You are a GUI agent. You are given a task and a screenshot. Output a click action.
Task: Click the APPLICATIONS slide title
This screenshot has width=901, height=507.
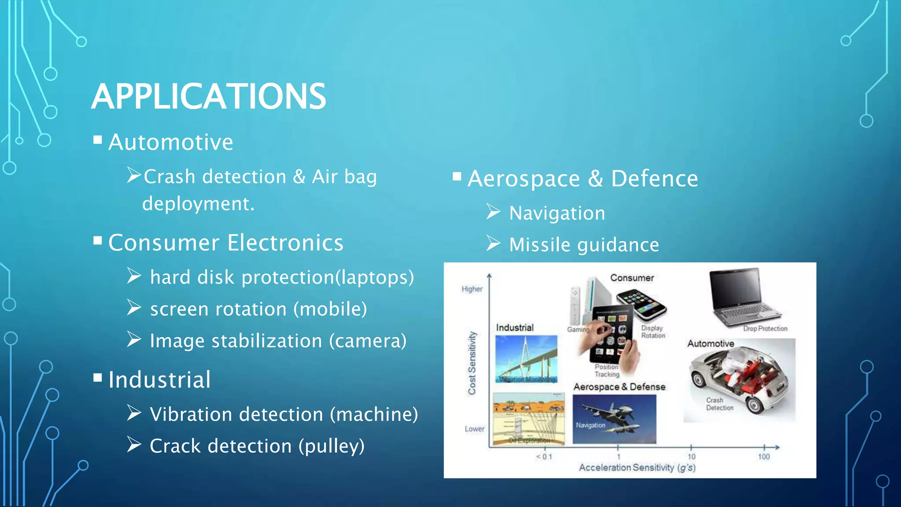(209, 96)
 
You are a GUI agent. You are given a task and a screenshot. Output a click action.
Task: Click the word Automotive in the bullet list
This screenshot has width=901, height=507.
(171, 142)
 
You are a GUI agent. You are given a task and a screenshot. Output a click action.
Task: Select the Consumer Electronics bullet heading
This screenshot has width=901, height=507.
(226, 242)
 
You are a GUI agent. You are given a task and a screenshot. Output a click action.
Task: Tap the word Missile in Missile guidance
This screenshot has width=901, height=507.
(540, 245)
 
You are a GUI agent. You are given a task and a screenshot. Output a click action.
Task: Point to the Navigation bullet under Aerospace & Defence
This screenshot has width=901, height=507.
(557, 213)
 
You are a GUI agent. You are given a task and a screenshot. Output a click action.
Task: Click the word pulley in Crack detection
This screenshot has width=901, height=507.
(332, 446)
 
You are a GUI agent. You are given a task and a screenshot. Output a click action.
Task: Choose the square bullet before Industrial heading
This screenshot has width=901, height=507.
(98, 378)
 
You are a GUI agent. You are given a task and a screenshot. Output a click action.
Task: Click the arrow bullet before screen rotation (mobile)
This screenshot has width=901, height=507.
(134, 308)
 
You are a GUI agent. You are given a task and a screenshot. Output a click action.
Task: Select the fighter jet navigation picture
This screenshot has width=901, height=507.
(614, 419)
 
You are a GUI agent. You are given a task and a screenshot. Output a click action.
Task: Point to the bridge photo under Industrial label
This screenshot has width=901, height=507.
(526, 359)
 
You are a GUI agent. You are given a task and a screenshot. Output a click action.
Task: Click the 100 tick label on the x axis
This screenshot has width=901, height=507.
(764, 457)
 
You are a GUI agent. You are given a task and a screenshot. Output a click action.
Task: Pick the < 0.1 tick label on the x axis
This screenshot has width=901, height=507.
(544, 457)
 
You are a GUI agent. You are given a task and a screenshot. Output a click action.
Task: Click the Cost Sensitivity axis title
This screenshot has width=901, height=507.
(472, 363)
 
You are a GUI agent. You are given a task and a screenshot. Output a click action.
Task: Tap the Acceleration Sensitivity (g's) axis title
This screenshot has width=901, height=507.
(637, 467)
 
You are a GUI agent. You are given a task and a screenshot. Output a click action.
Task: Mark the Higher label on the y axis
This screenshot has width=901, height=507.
(472, 289)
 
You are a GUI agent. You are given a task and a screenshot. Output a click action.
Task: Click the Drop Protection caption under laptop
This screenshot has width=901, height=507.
(765, 329)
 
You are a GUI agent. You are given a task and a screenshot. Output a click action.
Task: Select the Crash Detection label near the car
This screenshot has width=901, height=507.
(719, 404)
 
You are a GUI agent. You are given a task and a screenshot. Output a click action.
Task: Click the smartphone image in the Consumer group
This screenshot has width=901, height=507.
(641, 304)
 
